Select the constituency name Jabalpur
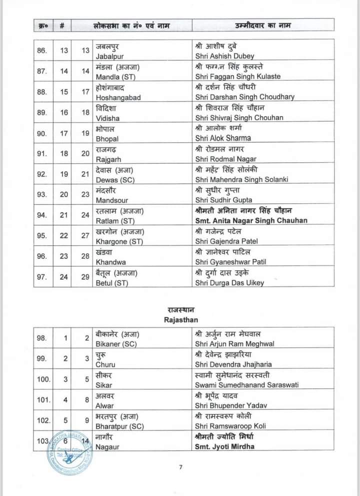[x=109, y=56]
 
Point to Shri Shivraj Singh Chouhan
[x=239, y=118]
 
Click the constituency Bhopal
[x=107, y=138]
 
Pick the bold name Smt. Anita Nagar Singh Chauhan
[x=251, y=220]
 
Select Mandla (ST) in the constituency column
[x=116, y=77]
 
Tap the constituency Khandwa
[x=110, y=262]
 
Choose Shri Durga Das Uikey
[x=229, y=283]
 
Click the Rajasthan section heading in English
[x=181, y=319]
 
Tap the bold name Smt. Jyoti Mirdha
[x=224, y=446]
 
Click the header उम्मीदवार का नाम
[x=263, y=25]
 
